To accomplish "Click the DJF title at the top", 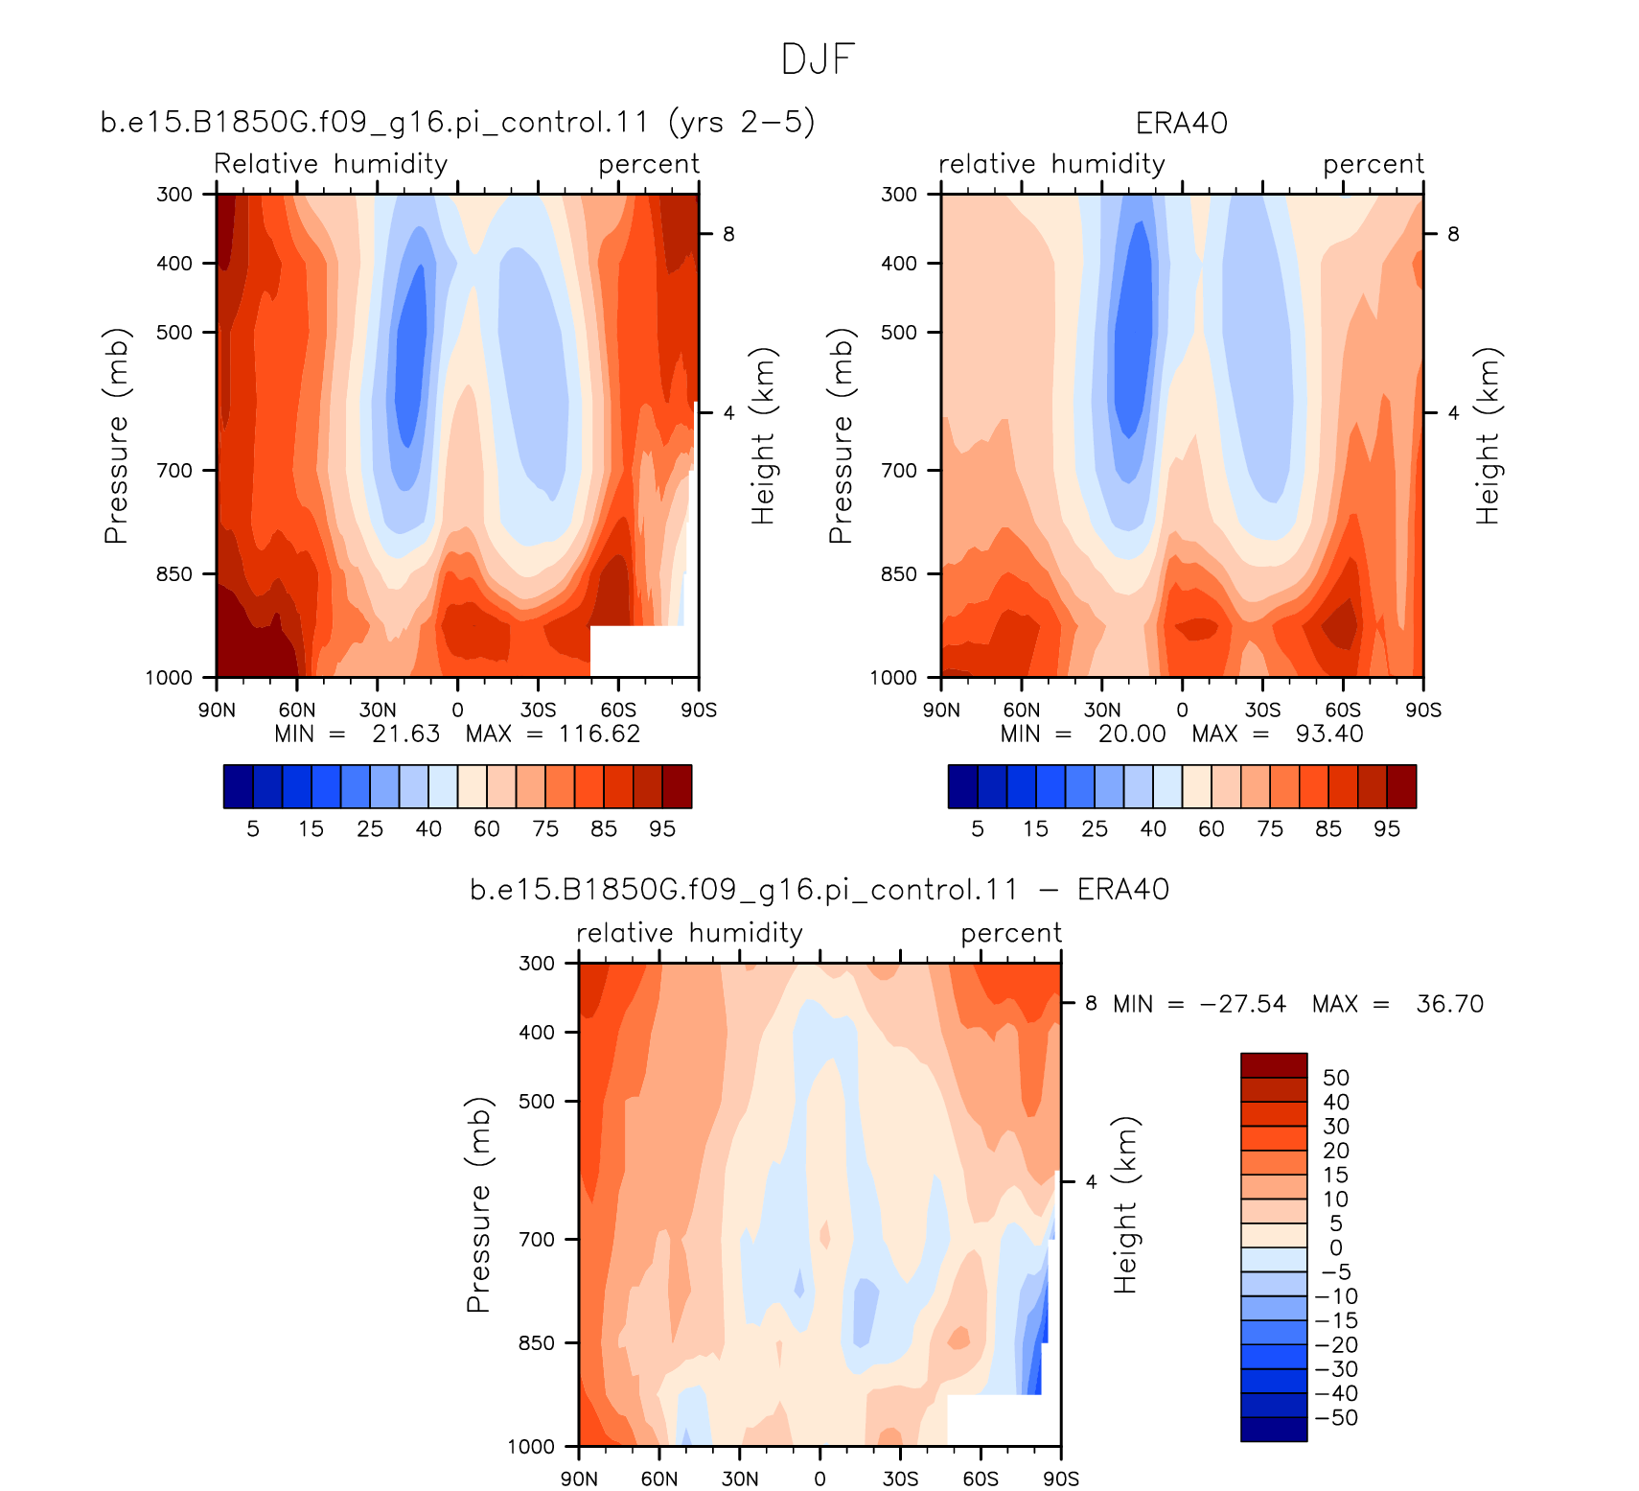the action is coord(818,59).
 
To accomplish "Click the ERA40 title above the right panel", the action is coord(1181,124).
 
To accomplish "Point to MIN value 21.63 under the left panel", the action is coord(405,734).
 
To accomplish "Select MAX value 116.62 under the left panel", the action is coord(599,734).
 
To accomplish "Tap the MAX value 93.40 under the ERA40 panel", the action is coord(1328,734).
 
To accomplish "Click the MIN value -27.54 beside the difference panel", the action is coord(1242,1004).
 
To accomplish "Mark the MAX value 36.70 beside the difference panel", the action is coord(1449,1004).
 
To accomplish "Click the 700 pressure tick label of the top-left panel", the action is coord(174,471).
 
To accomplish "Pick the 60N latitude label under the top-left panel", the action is coord(297,711).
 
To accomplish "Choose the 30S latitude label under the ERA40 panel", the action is coord(1262,711).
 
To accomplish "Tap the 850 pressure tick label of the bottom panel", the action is coord(537,1343).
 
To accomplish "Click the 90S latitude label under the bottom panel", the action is coord(1061,1479).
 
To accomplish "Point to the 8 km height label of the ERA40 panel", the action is coord(1453,234).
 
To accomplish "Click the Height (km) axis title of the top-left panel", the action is coord(763,435).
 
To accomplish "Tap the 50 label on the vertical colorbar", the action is coord(1336,1078).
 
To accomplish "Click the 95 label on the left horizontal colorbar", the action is coord(662,829).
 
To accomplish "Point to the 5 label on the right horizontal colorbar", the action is coord(978,829).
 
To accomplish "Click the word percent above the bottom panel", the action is coord(1011,933).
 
